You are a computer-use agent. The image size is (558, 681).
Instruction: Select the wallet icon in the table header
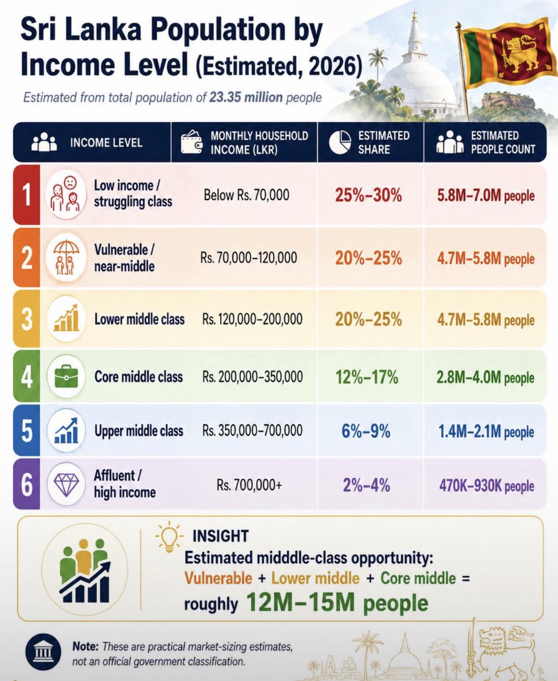tap(192, 142)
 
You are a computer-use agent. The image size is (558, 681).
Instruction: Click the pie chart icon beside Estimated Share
tap(340, 142)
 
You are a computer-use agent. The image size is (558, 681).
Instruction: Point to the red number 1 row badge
tap(27, 195)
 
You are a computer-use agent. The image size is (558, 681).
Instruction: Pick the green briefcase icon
tap(66, 376)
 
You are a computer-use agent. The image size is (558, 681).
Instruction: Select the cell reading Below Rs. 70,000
tap(246, 195)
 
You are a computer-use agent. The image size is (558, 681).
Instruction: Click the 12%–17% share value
tap(367, 377)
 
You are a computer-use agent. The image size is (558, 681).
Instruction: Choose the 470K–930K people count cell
tap(487, 486)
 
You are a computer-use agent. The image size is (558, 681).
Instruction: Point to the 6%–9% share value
tap(366, 431)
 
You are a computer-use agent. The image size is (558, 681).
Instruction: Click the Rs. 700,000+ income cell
tap(249, 485)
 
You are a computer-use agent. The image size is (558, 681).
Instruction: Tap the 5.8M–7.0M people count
tap(486, 195)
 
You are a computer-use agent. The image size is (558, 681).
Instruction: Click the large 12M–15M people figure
tap(337, 603)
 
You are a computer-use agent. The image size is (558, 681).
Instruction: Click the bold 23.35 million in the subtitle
tap(246, 97)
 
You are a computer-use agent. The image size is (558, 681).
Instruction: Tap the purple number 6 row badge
tap(27, 484)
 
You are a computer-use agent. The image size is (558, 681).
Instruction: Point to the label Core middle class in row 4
tap(138, 377)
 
